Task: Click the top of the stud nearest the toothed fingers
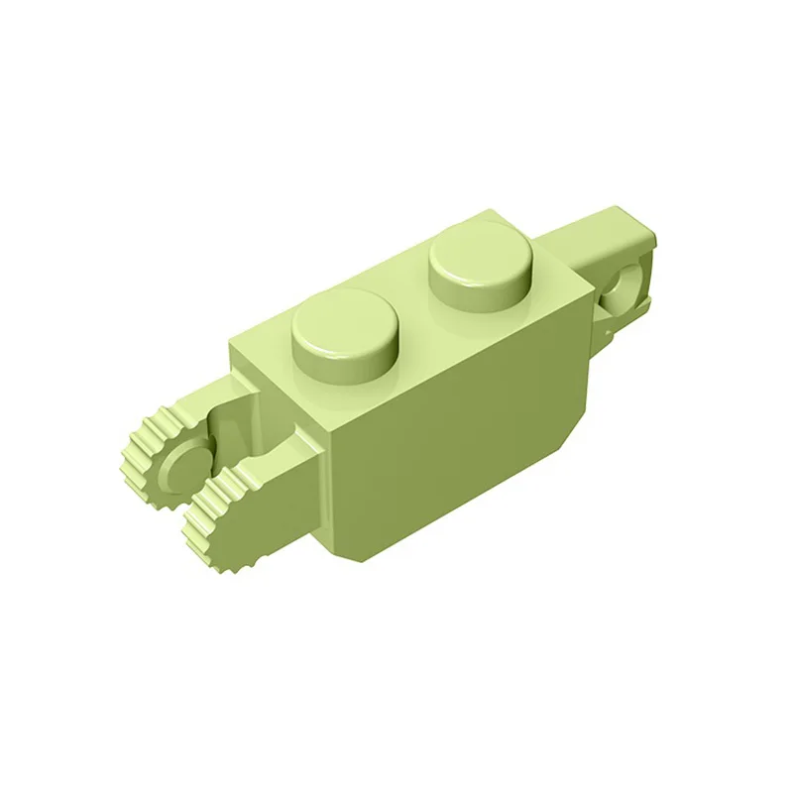(x=344, y=316)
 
